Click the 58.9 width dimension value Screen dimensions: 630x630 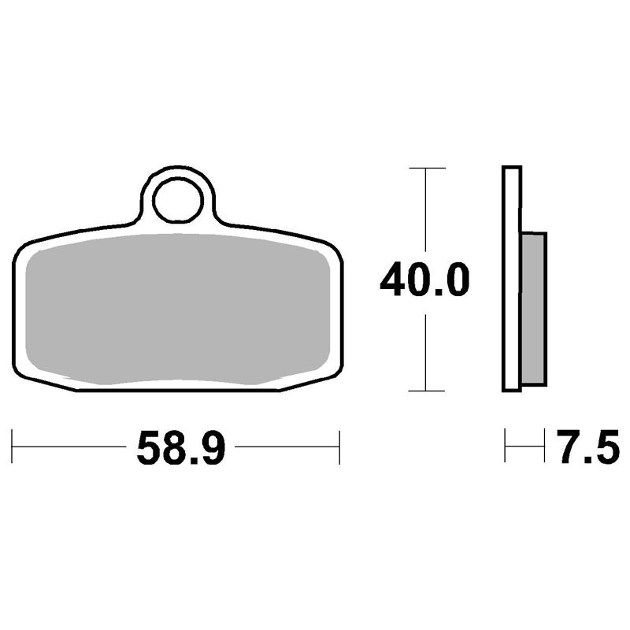(x=181, y=447)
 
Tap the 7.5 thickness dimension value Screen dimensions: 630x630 (x=587, y=447)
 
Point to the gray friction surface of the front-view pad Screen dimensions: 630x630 (x=177, y=307)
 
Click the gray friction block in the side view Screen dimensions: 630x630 (x=535, y=307)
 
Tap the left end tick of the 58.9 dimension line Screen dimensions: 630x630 (x=13, y=447)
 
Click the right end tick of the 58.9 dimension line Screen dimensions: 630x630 (x=339, y=447)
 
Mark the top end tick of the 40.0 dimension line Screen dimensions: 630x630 (x=425, y=169)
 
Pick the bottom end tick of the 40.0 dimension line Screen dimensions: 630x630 (x=425, y=391)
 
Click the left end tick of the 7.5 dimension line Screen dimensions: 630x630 (x=505, y=447)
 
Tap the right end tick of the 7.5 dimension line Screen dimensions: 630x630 (x=545, y=447)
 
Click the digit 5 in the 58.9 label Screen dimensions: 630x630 (x=150, y=447)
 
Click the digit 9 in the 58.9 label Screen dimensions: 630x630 (x=213, y=447)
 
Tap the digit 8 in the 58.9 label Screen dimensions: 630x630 (x=175, y=447)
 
